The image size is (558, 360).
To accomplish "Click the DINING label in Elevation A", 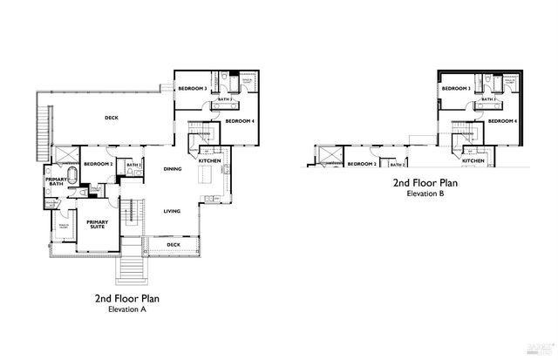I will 172,169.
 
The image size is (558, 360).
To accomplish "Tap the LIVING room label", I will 172,211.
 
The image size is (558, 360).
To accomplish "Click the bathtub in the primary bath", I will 71,182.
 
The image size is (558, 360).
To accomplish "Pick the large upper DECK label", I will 111,118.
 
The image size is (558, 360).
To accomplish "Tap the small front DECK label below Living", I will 174,246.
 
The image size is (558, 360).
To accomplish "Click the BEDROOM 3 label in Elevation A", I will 192,89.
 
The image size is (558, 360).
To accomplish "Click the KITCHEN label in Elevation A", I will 209,161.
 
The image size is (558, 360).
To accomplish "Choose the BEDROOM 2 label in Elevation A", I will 98,164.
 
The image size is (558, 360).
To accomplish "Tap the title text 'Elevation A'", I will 126,309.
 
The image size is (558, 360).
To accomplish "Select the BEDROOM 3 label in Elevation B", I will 455,89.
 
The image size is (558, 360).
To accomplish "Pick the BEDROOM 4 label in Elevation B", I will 503,121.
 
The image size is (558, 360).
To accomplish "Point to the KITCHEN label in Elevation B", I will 473,161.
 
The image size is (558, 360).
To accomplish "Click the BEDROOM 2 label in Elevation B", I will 362,164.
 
